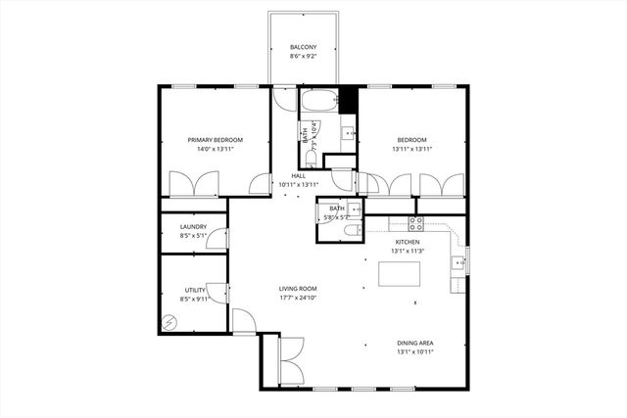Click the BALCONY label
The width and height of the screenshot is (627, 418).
[x=303, y=47]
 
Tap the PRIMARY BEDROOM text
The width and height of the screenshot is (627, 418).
[x=216, y=140]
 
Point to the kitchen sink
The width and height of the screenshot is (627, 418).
[x=457, y=262]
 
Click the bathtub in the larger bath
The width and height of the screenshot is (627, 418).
[x=318, y=101]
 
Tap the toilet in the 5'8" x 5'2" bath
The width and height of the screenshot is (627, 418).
[x=352, y=230]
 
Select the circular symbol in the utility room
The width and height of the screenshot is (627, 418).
[x=169, y=322]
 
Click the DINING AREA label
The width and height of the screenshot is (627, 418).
[x=414, y=343]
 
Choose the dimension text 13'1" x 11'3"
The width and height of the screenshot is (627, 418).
[x=408, y=251]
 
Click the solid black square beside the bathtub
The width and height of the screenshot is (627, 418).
[x=346, y=99]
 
